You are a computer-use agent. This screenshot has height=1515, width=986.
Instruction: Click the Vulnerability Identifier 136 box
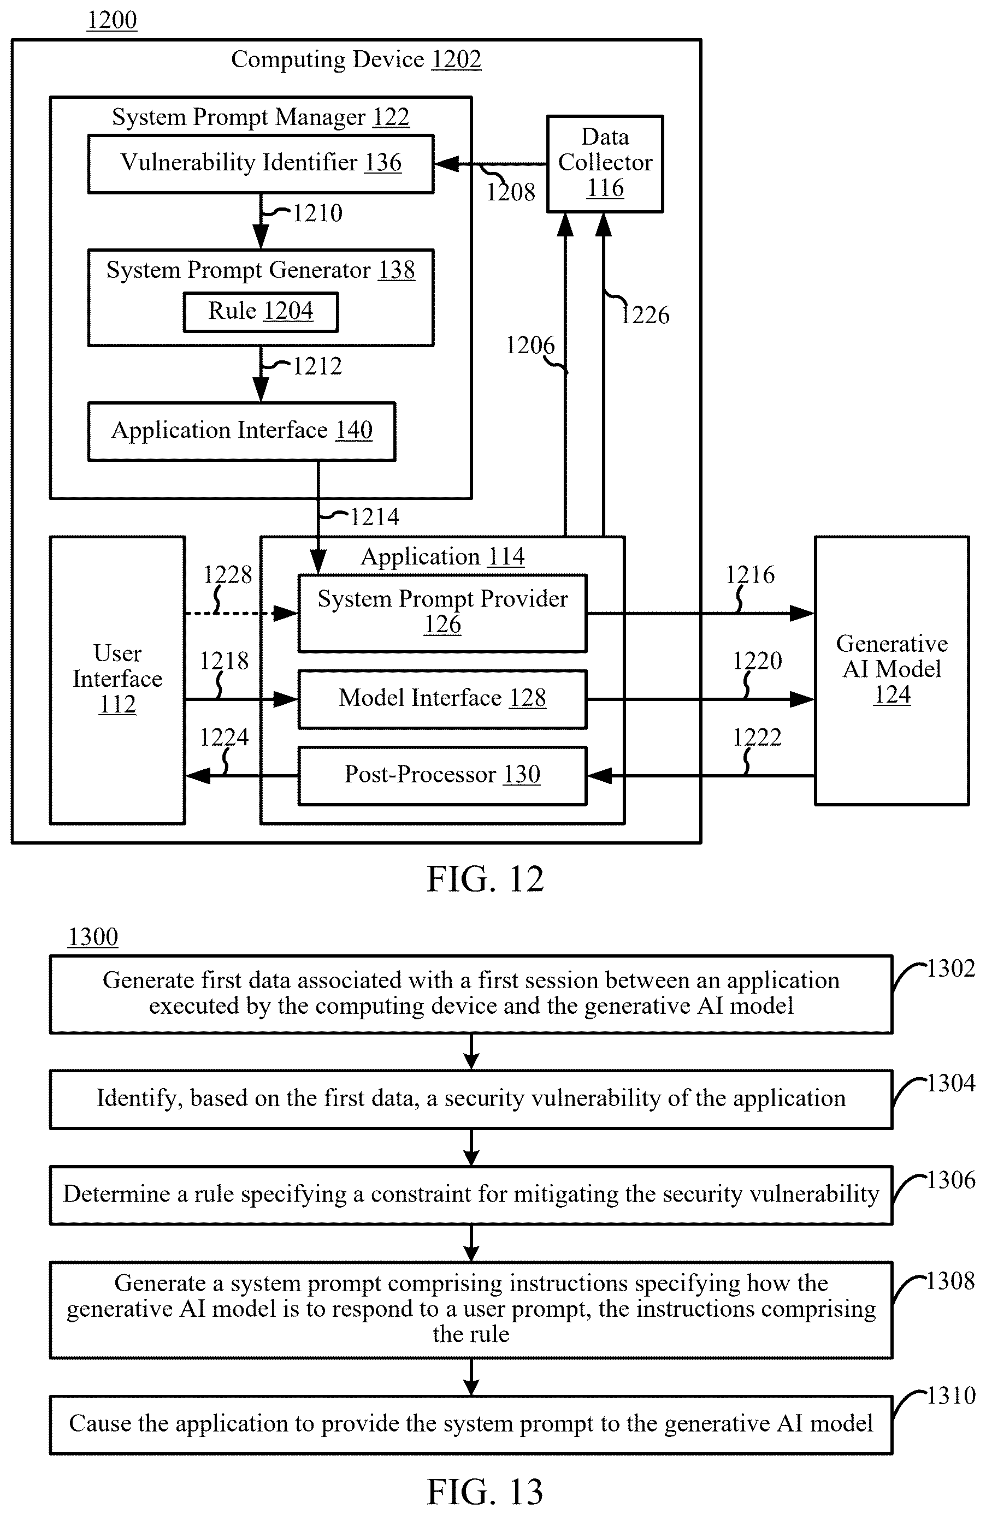click(261, 164)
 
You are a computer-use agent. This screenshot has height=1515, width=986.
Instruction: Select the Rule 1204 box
click(261, 312)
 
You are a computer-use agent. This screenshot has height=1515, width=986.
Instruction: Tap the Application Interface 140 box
click(241, 431)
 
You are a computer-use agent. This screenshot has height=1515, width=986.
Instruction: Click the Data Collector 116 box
click(605, 164)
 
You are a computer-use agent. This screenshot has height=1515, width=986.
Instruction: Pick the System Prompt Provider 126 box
click(442, 613)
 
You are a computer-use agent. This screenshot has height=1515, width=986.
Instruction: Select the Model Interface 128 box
click(442, 699)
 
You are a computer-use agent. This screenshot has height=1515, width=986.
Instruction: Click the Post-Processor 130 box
click(442, 775)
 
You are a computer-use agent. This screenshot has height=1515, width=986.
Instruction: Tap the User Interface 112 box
click(117, 680)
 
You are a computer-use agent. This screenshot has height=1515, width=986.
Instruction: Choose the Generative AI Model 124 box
click(891, 670)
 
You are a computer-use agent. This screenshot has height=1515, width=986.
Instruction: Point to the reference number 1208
click(511, 192)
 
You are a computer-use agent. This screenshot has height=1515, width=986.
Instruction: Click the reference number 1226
click(645, 314)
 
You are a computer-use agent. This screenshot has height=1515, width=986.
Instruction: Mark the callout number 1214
click(375, 516)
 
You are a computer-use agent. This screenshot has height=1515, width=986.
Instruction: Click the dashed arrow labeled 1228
click(241, 614)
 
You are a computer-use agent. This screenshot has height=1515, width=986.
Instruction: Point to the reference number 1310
click(951, 1395)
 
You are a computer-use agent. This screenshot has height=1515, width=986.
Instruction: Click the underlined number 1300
click(93, 937)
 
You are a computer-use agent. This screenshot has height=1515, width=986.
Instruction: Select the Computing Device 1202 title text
click(356, 59)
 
